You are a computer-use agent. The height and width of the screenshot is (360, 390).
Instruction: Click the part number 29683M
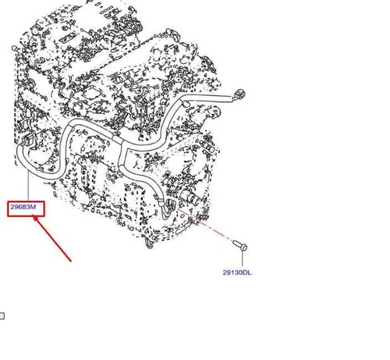point(23,207)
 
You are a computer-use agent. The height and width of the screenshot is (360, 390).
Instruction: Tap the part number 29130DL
point(237,273)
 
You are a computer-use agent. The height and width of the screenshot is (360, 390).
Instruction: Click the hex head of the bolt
point(243,248)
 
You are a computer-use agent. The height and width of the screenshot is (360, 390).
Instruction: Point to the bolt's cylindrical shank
point(237,244)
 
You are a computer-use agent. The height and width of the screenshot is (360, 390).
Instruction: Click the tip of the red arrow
point(34,216)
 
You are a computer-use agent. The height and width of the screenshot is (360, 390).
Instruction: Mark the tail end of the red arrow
point(71,261)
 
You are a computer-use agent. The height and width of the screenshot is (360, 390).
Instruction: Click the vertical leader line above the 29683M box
point(28,187)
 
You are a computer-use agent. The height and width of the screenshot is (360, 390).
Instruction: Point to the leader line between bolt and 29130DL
point(243,258)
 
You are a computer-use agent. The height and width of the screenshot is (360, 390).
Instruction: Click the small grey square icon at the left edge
point(2,315)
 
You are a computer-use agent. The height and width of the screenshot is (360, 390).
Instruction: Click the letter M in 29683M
point(34,207)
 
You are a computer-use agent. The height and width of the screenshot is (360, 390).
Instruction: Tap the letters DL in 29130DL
point(247,273)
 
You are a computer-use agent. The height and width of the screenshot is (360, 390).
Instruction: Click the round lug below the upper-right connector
point(215,112)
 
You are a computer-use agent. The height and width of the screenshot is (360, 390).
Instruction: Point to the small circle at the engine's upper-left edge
point(14,48)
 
